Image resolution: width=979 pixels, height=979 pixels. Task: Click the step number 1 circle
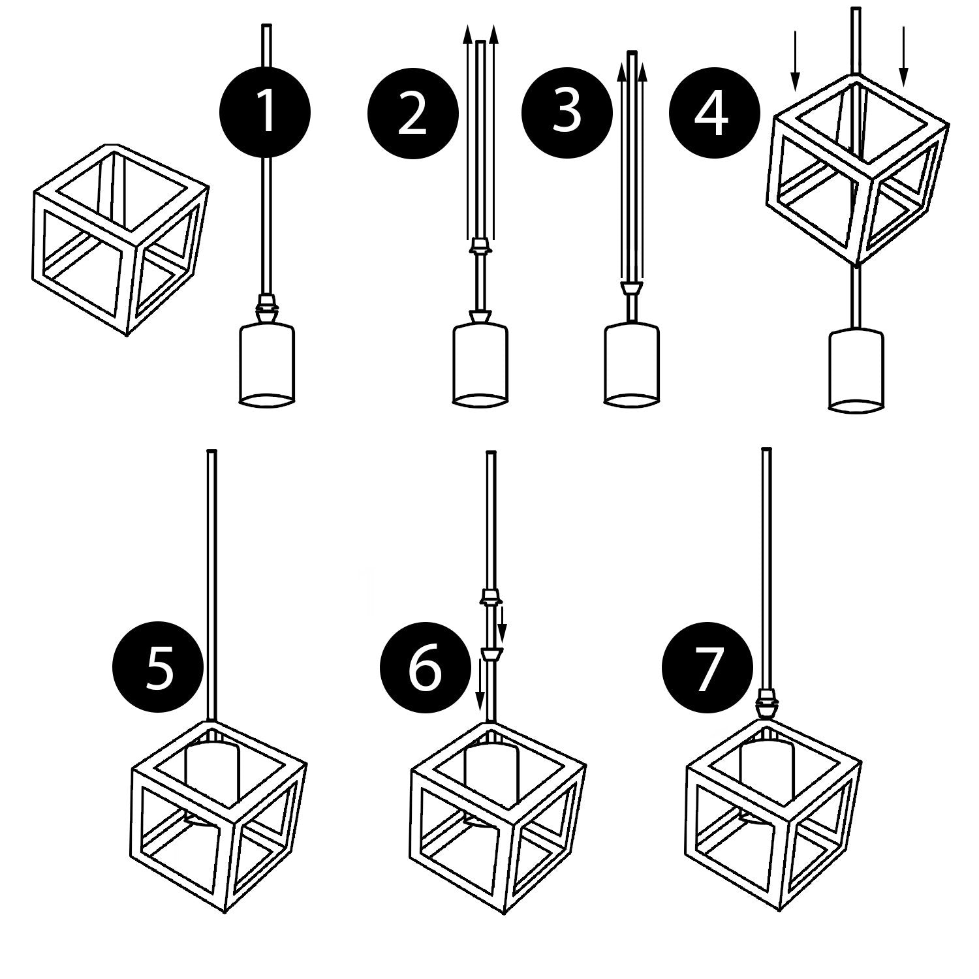tap(265, 112)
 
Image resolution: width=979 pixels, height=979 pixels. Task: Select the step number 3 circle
tap(567, 112)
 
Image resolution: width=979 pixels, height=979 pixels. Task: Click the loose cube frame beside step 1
tap(121, 238)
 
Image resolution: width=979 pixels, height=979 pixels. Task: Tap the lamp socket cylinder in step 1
tap(265, 364)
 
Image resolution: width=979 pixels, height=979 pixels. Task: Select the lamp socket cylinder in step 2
tap(480, 364)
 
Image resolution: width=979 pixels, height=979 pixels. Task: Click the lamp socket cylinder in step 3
tap(631, 364)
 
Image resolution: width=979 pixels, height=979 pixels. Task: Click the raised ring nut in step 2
tap(480, 247)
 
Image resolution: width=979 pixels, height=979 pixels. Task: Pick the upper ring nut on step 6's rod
tap(491, 595)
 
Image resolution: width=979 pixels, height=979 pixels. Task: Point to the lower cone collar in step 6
tap(491, 653)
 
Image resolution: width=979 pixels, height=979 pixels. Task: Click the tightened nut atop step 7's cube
tap(766, 705)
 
